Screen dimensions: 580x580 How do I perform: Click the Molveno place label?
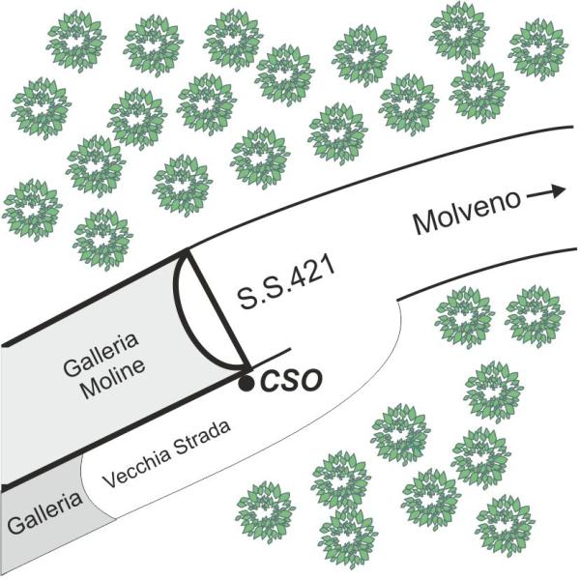coord(467,213)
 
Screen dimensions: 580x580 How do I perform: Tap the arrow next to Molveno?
coord(546,192)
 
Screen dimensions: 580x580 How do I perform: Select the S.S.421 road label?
coord(286,282)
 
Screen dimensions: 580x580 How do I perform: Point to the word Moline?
coord(113,380)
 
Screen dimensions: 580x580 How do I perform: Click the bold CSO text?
coord(291,380)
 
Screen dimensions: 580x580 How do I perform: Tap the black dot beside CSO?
coord(246,383)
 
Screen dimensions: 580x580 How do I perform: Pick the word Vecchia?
coord(137,465)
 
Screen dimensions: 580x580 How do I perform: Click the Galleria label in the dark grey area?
coord(44,511)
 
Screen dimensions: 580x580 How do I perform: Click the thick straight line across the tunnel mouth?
coord(217,310)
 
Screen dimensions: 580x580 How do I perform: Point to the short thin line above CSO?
coord(270,358)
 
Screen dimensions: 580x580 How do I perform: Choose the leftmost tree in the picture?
coord(32,210)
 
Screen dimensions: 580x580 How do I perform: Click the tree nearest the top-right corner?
coord(538,49)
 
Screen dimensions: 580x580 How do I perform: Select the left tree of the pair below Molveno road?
coord(465,317)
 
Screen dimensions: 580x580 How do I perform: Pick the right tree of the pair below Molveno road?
coord(535,317)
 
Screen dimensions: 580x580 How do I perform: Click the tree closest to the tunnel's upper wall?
coord(103,240)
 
